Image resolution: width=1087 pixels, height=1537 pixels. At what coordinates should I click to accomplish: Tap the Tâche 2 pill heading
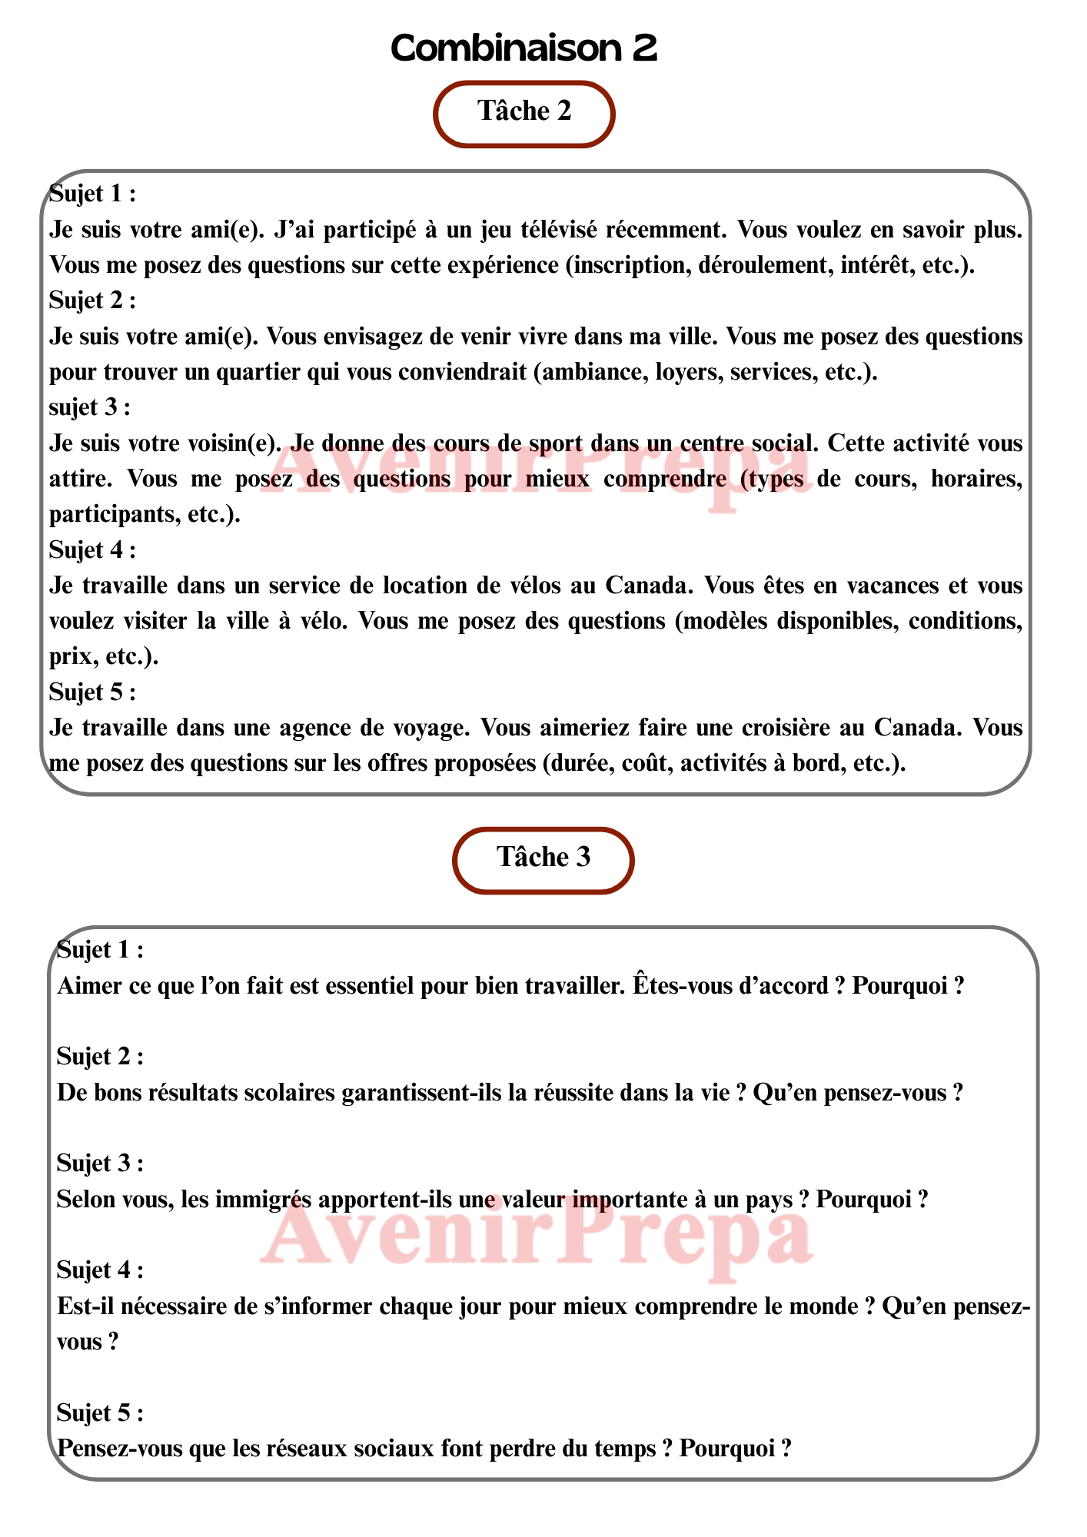tap(524, 112)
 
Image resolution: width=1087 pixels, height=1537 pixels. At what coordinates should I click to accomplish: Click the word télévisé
tap(559, 230)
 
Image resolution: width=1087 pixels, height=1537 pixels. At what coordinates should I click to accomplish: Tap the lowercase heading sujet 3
tap(89, 407)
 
